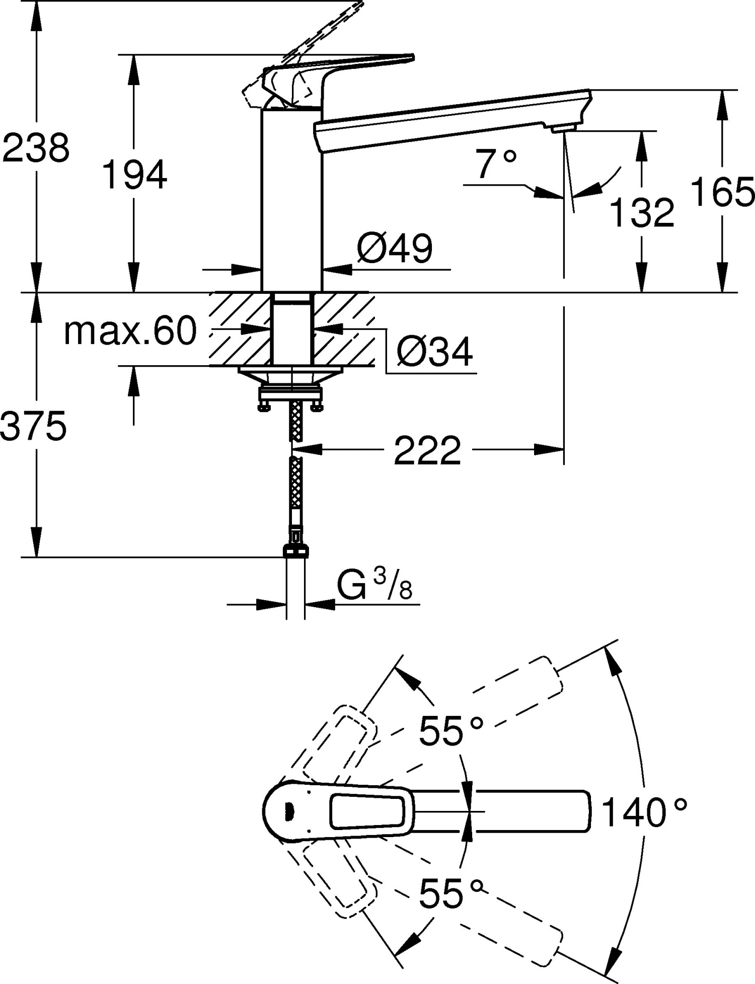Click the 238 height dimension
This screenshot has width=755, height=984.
click(35, 148)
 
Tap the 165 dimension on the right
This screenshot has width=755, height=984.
click(722, 192)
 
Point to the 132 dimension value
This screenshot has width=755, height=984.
click(641, 212)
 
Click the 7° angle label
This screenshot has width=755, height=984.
click(496, 163)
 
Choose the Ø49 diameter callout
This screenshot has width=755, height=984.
click(395, 249)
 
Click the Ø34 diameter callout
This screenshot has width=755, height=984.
click(434, 352)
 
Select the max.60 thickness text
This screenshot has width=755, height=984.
click(130, 331)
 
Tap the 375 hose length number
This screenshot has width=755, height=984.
click(33, 426)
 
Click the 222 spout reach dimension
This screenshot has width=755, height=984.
click(427, 451)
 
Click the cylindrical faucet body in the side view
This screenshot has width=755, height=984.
click(291, 201)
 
